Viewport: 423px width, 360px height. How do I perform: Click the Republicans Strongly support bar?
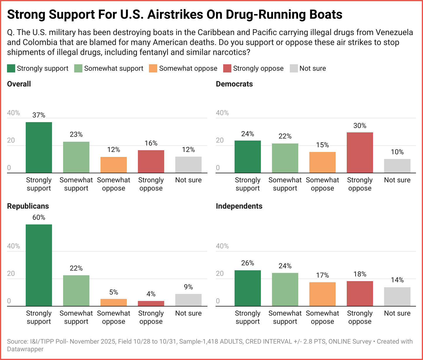coord(39,265)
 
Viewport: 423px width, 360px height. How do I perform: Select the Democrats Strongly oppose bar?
coord(360,153)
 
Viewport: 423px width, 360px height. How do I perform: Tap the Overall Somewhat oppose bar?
coord(114,165)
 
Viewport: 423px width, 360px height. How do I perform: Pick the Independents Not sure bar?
coord(397,297)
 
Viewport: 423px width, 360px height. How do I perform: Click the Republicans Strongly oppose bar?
coord(151,304)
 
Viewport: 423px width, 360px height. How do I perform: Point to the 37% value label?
coord(39,115)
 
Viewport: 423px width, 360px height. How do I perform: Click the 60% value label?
coord(39,217)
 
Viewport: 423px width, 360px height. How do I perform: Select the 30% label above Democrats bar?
coord(360,126)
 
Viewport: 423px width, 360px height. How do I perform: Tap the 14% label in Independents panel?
coord(397,280)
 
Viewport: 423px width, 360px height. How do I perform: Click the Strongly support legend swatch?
coord(11,68)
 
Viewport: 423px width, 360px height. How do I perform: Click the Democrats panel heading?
coord(234,84)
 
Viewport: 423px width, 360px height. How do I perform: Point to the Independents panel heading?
coord(239,206)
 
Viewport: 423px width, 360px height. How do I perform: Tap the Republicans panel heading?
coord(28,206)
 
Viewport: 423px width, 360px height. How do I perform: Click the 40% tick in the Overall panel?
coord(13,113)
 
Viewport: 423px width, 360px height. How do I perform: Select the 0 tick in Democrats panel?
coord(218,168)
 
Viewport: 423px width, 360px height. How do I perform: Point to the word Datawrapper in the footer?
coord(25,349)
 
